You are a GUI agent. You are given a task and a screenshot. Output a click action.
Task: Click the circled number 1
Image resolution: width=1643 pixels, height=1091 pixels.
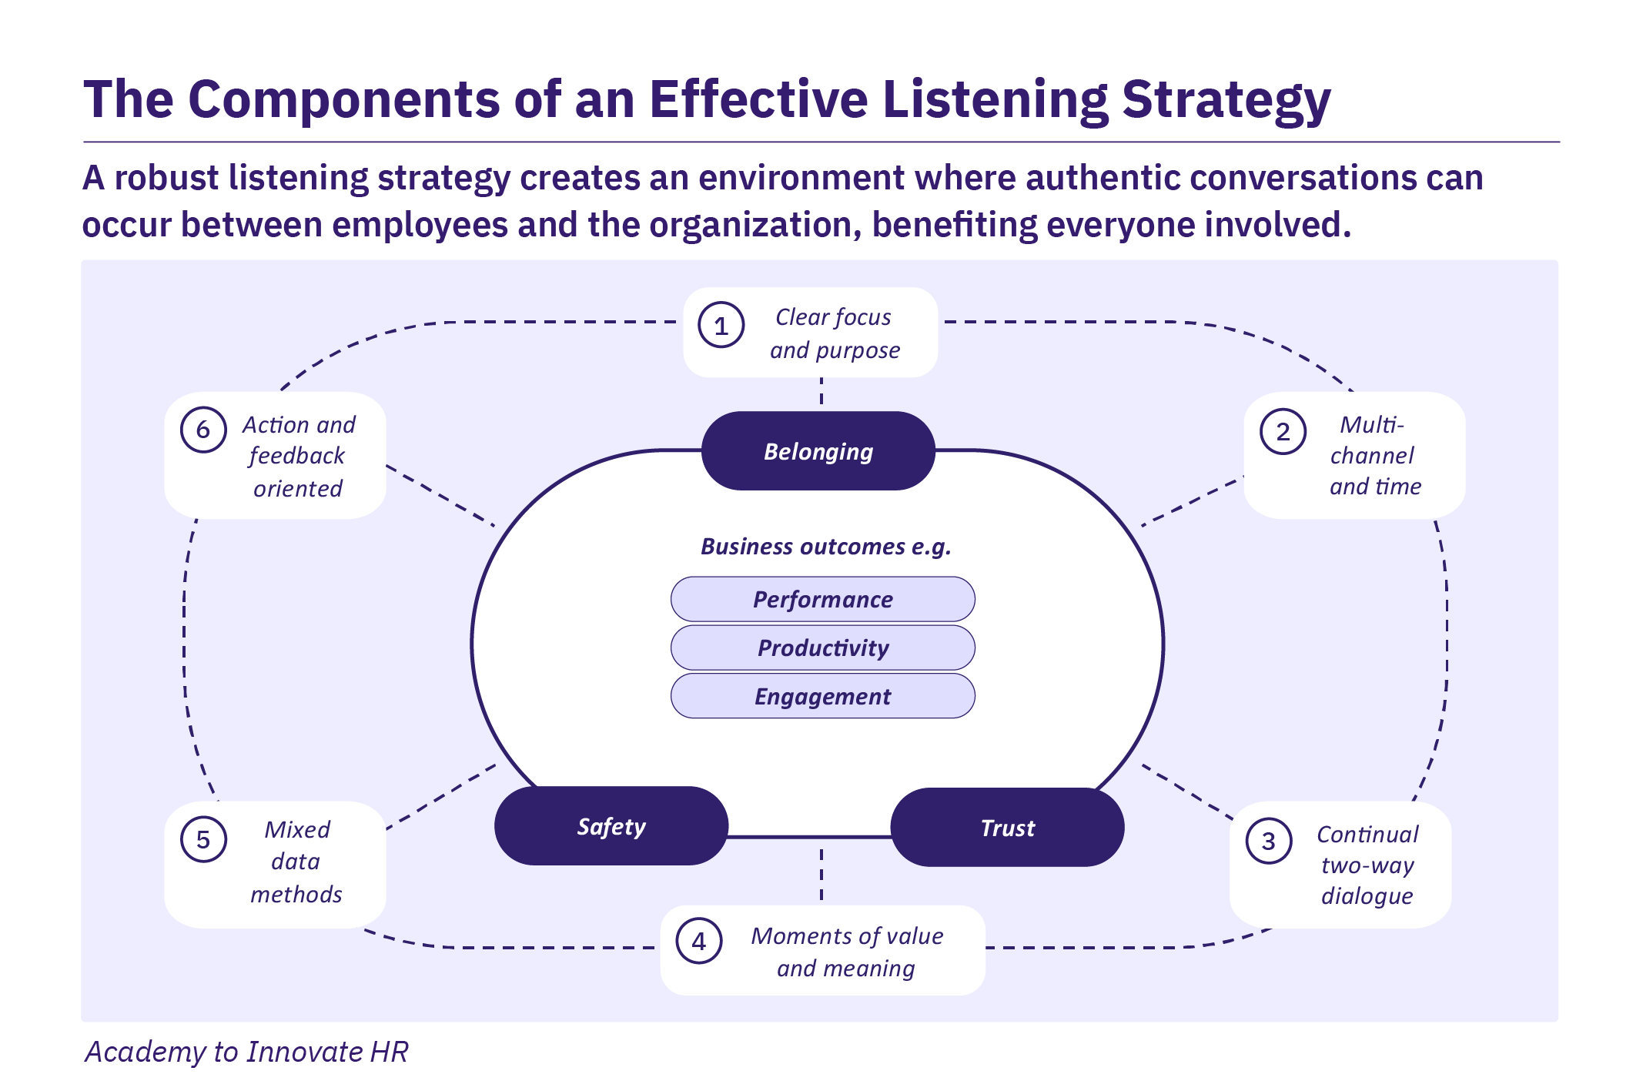(721, 326)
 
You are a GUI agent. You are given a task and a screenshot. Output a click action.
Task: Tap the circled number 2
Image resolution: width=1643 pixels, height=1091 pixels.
(1283, 432)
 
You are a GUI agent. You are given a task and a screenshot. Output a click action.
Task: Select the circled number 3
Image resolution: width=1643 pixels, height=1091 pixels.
(1268, 841)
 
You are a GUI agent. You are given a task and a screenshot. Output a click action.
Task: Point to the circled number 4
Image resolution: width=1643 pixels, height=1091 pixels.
(698, 941)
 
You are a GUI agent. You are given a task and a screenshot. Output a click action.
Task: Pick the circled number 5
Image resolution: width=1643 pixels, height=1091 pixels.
(203, 839)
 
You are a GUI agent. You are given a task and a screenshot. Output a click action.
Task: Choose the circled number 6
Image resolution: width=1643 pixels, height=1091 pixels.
(203, 430)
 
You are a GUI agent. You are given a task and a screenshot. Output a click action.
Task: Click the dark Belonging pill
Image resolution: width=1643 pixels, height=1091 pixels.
(818, 451)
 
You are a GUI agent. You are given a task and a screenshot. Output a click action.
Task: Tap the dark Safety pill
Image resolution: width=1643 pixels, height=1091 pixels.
(611, 826)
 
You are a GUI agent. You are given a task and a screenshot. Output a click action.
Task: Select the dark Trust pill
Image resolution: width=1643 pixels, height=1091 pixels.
(1007, 828)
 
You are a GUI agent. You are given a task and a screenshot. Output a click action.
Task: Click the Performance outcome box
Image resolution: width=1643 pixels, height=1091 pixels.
(822, 599)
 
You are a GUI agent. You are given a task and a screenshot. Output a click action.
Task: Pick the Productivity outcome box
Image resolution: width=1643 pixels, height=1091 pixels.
(822, 648)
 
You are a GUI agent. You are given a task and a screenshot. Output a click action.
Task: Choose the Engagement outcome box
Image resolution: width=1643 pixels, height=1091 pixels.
(822, 696)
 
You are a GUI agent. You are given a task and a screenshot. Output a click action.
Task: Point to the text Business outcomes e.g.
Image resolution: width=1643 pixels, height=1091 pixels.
(825, 547)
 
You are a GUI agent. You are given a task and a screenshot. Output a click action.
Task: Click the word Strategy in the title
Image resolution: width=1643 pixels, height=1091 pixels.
(1226, 100)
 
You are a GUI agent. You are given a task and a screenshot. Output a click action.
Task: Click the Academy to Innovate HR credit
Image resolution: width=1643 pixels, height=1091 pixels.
(246, 1052)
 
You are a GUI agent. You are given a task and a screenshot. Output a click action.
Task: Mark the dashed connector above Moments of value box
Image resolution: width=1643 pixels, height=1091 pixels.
(821, 875)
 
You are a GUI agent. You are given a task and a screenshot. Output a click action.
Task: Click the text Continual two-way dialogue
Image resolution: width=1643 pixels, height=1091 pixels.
(1367, 865)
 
